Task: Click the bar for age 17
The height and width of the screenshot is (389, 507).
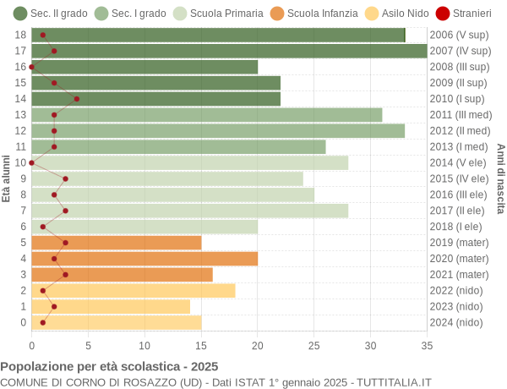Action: tap(229, 51)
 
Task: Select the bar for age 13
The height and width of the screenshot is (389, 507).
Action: tap(206, 115)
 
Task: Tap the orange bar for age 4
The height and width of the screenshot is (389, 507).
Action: tap(144, 259)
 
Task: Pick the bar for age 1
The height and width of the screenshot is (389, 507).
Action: tap(111, 307)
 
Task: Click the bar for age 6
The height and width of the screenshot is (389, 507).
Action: tap(144, 227)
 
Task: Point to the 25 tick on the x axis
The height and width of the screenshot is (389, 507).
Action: tap(314, 345)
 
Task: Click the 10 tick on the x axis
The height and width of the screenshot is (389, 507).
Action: tap(144, 345)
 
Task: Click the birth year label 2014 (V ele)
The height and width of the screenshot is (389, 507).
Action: tap(459, 163)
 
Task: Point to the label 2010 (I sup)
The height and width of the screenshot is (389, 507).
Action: tap(458, 99)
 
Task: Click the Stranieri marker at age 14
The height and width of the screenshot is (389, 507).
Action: tap(77, 99)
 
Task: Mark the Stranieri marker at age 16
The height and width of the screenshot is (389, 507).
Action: tap(32, 67)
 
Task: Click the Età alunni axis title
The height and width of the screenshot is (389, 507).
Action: tap(7, 178)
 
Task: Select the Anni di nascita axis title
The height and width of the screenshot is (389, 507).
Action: tap(500, 178)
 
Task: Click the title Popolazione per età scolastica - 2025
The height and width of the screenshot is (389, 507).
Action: tap(109, 367)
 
